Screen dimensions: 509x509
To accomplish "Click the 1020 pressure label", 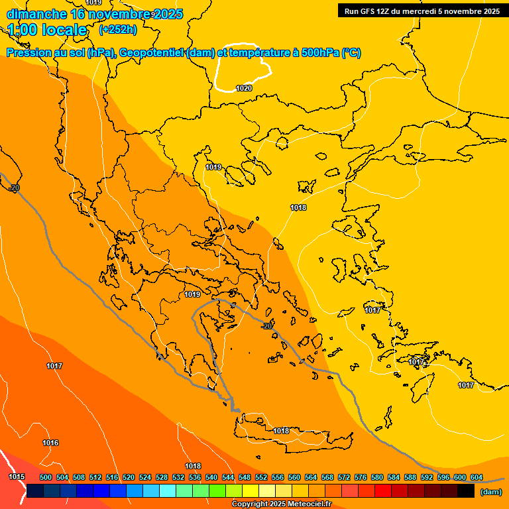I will pyautogui.click(x=244, y=88).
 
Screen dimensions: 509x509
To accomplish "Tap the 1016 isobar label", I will pyautogui.click(x=50, y=443).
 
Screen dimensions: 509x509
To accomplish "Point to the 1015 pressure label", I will pyautogui.click(x=17, y=477).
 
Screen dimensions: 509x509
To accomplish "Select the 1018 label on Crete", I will pyautogui.click(x=281, y=431).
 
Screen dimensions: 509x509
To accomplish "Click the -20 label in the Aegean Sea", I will pyautogui.click(x=266, y=325).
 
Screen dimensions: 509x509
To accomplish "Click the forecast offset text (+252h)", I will pyautogui.click(x=118, y=29).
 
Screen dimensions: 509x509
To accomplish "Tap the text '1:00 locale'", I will pyautogui.click(x=47, y=30).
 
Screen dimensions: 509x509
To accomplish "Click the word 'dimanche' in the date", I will pyautogui.click(x=36, y=14).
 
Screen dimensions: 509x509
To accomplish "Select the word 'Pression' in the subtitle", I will pyautogui.click(x=28, y=53).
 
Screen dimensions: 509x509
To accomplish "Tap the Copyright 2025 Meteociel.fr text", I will pyautogui.click(x=281, y=504).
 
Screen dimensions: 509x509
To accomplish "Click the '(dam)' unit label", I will pyautogui.click(x=490, y=491).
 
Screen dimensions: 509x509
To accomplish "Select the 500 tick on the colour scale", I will pyautogui.click(x=46, y=477).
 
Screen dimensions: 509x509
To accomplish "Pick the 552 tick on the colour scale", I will pyautogui.click(x=261, y=477).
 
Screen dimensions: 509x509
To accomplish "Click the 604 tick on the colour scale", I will pyautogui.click(x=477, y=477).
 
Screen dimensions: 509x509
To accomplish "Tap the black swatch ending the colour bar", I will pyautogui.click(x=466, y=491).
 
